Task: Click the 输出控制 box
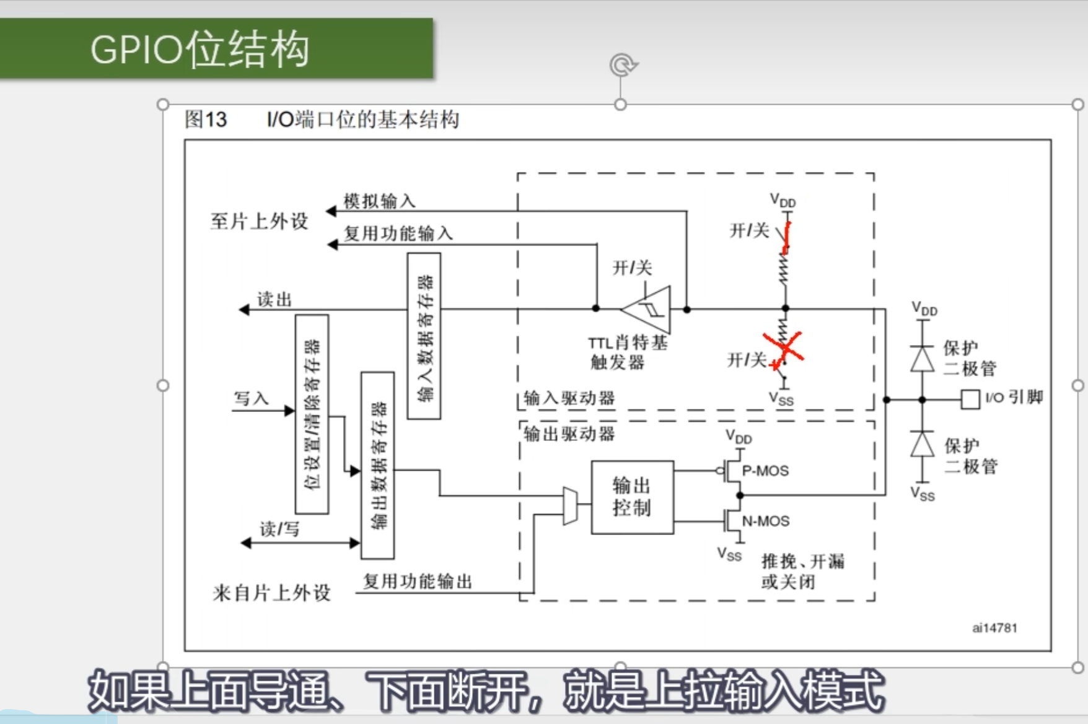pyautogui.click(x=632, y=497)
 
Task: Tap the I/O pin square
pyautogui.click(x=970, y=399)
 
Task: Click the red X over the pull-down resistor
pyautogui.click(x=783, y=348)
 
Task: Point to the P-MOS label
pyautogui.click(x=765, y=471)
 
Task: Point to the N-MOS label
pyautogui.click(x=766, y=521)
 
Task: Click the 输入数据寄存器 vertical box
pyautogui.click(x=424, y=336)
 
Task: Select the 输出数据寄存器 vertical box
pyautogui.click(x=377, y=465)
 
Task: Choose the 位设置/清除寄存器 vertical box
pyautogui.click(x=312, y=414)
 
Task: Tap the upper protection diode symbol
pyautogui.click(x=923, y=359)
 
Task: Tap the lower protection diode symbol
pyautogui.click(x=923, y=444)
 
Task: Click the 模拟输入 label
pyautogui.click(x=379, y=201)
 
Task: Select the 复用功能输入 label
pyautogui.click(x=398, y=233)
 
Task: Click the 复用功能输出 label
pyautogui.click(x=417, y=581)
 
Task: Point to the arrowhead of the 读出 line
pyautogui.click(x=244, y=310)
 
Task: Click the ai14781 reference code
pyautogui.click(x=994, y=628)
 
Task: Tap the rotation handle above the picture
pyautogui.click(x=621, y=65)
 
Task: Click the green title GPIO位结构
pyautogui.click(x=200, y=49)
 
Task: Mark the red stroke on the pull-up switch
pyautogui.click(x=787, y=237)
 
